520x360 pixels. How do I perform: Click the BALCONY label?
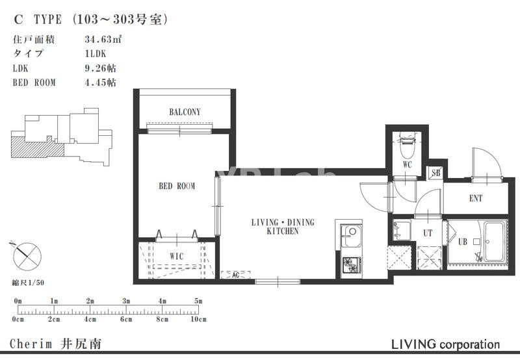point(185,112)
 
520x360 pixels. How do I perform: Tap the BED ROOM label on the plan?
point(177,186)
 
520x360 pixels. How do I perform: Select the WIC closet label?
point(176,256)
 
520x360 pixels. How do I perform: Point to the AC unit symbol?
point(235,275)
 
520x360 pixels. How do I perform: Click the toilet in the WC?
point(408,145)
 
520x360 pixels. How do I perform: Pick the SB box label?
point(435,173)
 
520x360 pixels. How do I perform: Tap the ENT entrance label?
point(476,198)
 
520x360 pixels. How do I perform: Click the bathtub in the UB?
point(494,241)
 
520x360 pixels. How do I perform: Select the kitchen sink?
point(351,235)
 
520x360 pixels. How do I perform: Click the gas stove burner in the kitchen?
point(352,266)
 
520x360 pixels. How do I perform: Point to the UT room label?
point(428,233)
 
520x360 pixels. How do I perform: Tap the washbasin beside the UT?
point(402,230)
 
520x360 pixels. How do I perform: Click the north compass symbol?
point(27,255)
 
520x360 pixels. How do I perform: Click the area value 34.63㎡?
point(103,39)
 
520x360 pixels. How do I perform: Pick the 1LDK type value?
point(96,54)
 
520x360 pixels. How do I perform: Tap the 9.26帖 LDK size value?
point(101,68)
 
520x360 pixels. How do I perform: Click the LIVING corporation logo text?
point(445,344)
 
